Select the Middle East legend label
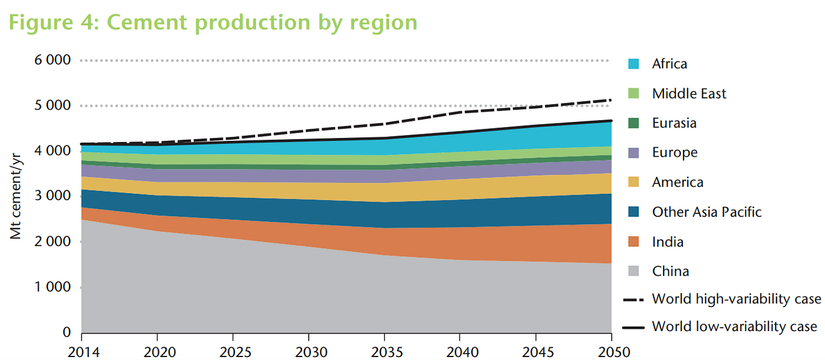[x=689, y=94]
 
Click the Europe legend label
[x=675, y=153]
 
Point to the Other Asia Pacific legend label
[x=707, y=212]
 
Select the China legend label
[x=671, y=272]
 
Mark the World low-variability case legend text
[x=734, y=326]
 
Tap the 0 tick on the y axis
[x=67, y=333]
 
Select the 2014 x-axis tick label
[x=81, y=352]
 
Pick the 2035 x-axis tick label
[x=385, y=352]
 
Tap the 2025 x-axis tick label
[x=233, y=352]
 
